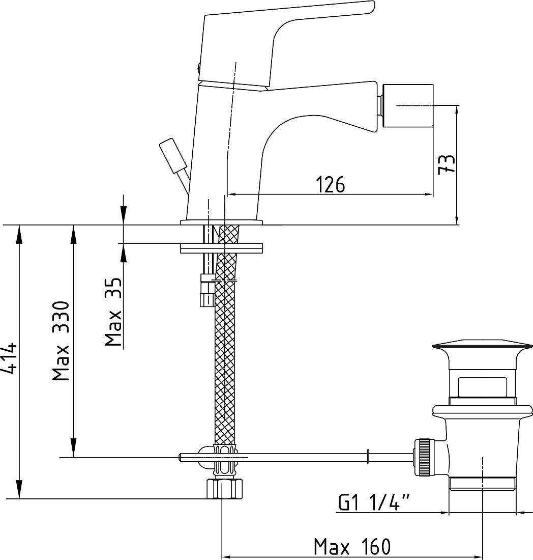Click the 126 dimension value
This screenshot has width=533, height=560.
(331, 184)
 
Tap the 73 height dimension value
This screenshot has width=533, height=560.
(447, 164)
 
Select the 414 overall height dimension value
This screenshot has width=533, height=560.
(9, 358)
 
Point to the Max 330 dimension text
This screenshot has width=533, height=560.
(61, 341)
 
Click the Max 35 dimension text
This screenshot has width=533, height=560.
(113, 312)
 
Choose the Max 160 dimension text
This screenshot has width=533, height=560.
(352, 547)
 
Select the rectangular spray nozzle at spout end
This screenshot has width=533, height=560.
(408, 106)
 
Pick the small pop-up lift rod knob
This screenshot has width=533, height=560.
(173, 157)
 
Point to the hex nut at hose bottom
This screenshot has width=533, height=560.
(225, 488)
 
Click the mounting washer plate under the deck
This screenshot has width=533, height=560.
(221, 248)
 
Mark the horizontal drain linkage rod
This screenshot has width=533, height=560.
(296, 458)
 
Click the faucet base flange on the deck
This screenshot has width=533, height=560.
(221, 222)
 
